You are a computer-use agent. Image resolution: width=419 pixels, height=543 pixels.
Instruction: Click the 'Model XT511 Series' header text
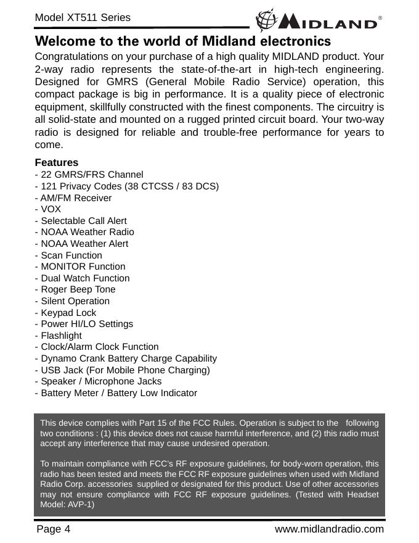click(x=83, y=17)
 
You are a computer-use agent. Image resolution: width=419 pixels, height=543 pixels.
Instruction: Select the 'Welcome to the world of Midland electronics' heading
click(x=184, y=42)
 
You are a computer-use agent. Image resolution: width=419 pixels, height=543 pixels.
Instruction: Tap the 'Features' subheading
click(x=57, y=163)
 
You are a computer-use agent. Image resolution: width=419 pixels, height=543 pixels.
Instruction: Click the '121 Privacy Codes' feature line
click(x=128, y=186)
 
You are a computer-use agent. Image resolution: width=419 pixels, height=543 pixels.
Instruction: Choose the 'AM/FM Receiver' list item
click(x=74, y=198)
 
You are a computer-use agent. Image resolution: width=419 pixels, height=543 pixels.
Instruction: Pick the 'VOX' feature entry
click(x=49, y=209)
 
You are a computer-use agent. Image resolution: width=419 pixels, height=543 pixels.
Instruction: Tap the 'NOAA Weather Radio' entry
click(x=85, y=232)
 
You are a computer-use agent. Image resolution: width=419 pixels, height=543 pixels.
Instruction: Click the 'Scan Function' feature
click(x=69, y=255)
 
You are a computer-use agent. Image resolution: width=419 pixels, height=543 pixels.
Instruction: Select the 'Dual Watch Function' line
click(x=83, y=278)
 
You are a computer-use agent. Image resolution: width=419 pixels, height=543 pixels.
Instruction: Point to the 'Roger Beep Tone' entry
click(x=76, y=289)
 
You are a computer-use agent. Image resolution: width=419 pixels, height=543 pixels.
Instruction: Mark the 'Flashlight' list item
click(x=59, y=336)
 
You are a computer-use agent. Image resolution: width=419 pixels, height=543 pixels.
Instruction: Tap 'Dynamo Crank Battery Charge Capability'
click(x=126, y=359)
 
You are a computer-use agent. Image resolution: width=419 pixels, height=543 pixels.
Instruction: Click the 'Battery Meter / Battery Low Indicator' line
click(x=116, y=393)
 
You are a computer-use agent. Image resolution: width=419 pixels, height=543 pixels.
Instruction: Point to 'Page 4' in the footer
click(x=54, y=529)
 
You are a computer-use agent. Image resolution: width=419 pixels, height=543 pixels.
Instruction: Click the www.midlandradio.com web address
click(x=329, y=529)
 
